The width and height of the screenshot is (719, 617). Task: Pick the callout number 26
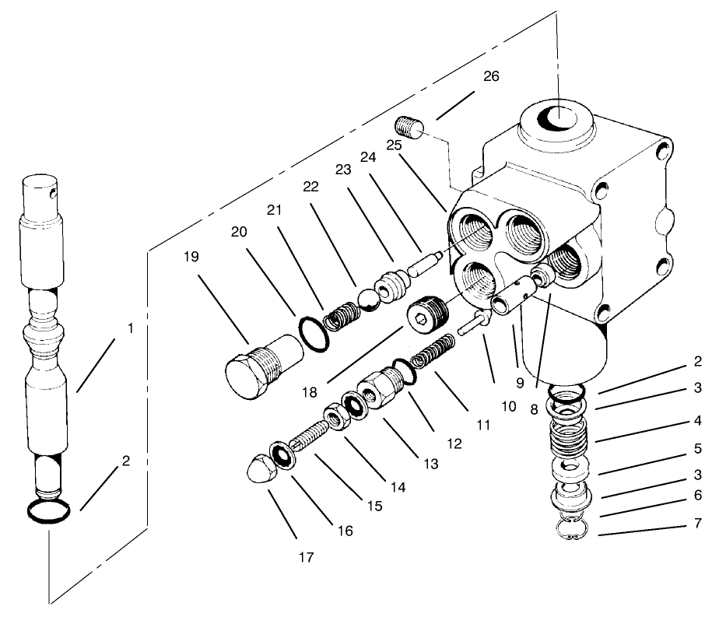click(x=490, y=77)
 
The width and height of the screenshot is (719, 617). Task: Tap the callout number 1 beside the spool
click(x=132, y=328)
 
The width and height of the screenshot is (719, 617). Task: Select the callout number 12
click(x=454, y=443)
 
